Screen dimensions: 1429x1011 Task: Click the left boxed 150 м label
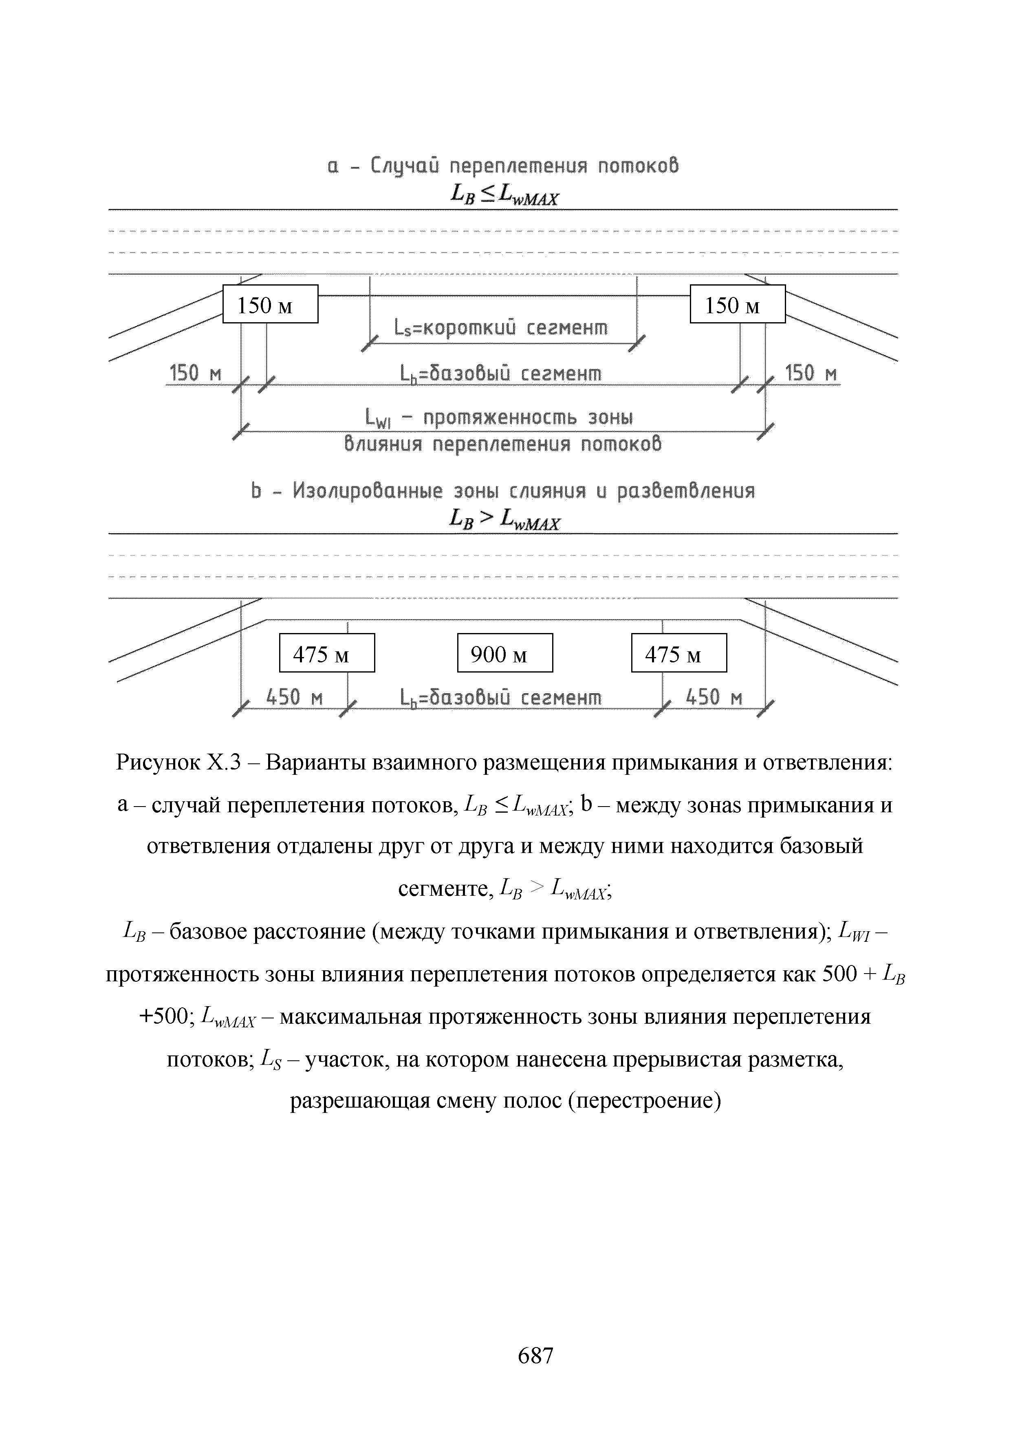coord(270,304)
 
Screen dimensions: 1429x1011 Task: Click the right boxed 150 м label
coord(737,304)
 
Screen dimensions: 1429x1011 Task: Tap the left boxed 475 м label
coord(327,653)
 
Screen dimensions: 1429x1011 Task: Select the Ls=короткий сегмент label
coord(500,328)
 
